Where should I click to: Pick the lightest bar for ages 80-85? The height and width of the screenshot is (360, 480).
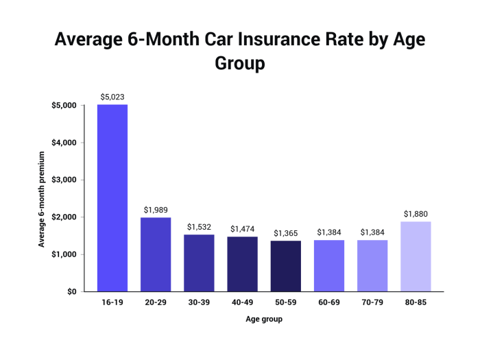coord(416,256)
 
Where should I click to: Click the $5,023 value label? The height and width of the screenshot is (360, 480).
coord(112,97)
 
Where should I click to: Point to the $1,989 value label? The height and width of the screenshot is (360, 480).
coord(156,210)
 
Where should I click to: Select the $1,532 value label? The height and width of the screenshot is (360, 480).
coord(199,227)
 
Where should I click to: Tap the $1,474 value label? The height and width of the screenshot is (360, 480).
coord(242,229)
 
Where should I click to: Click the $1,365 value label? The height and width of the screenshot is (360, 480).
coord(285,233)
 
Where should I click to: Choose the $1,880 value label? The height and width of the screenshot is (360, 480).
coord(416,214)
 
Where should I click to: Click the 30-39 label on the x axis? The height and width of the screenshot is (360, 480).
coord(199,301)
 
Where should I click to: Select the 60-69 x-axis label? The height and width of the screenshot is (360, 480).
coord(329,301)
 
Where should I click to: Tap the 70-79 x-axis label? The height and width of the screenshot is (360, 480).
coord(372,301)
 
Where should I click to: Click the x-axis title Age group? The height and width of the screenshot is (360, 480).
coord(264,320)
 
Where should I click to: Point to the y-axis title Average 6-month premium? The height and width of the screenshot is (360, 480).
coord(42,198)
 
